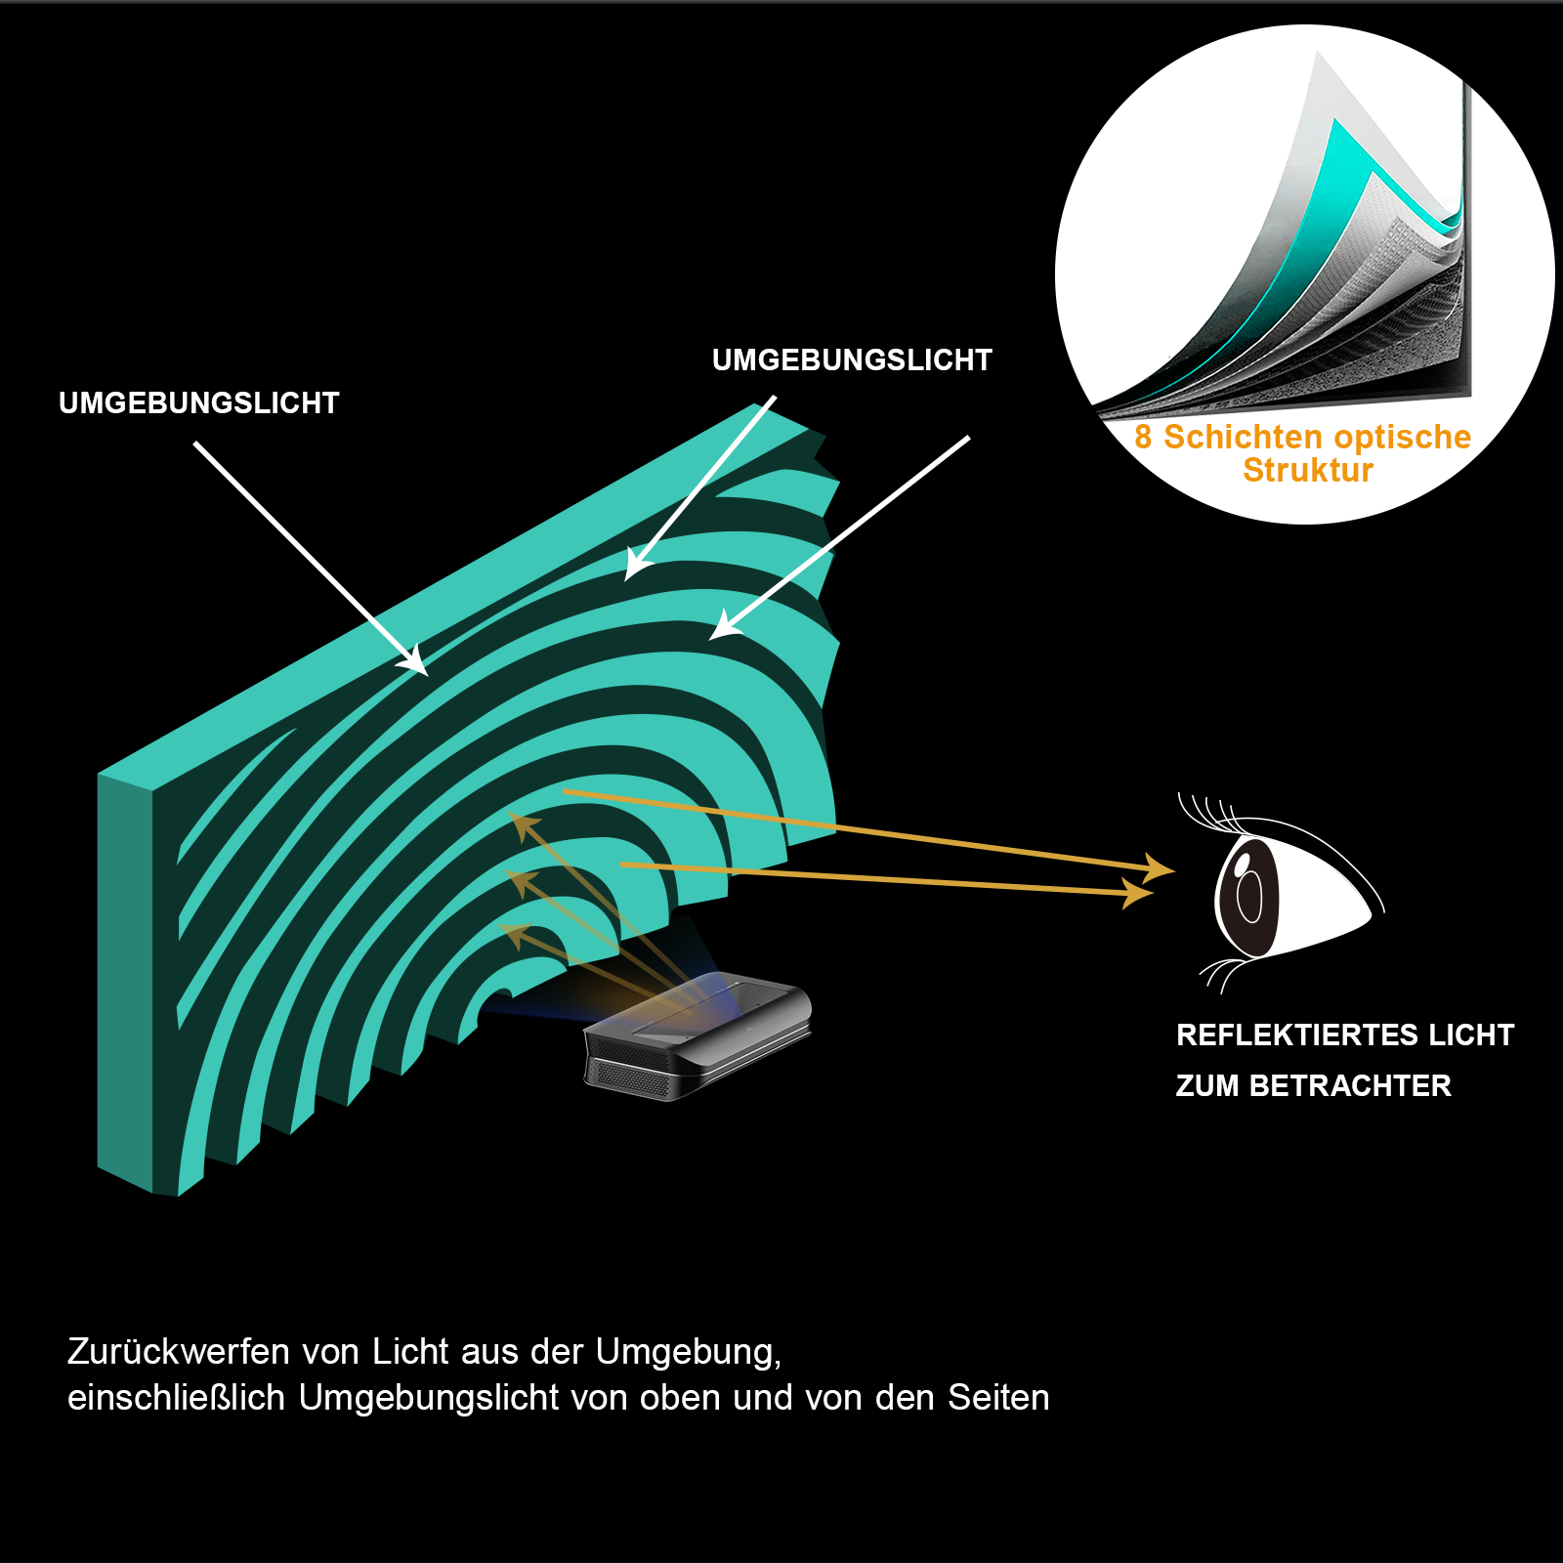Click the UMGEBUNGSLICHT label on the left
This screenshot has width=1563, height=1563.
[198, 403]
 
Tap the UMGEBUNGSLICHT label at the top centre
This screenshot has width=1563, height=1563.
[852, 360]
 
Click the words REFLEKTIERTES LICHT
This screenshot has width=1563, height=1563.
[1344, 1035]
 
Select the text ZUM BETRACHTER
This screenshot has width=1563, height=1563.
[1313, 1086]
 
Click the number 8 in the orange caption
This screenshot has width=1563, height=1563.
[1143, 438]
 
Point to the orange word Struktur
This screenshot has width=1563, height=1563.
[1307, 471]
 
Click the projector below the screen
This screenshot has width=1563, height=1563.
[698, 1035]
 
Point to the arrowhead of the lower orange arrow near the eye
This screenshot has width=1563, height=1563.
[1138, 892]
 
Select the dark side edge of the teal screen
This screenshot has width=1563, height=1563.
[124, 977]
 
